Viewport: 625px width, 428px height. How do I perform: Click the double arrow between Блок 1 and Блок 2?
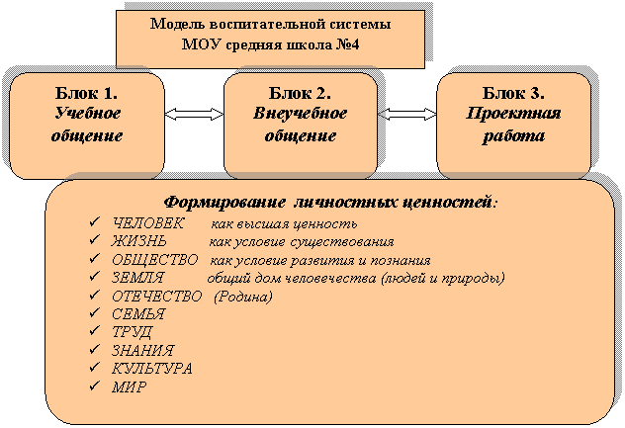[x=194, y=115]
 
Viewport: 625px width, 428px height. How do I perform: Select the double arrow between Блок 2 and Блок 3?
[x=407, y=115]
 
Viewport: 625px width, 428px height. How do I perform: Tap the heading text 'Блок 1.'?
[x=86, y=93]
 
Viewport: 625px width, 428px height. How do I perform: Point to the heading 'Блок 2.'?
[x=300, y=93]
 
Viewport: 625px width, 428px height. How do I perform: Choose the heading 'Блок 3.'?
[x=513, y=93]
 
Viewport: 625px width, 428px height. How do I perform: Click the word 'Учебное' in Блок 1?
[x=87, y=114]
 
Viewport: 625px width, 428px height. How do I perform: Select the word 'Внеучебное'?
[x=301, y=114]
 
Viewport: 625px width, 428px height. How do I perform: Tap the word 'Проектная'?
[x=513, y=114]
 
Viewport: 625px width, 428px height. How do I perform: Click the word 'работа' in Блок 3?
[x=513, y=135]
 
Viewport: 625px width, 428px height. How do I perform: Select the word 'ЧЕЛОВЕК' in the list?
[x=148, y=223]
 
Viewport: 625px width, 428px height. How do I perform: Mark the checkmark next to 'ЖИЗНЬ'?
[x=95, y=240]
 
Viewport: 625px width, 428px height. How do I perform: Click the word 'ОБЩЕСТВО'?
[x=154, y=260]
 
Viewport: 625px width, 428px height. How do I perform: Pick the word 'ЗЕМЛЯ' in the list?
[x=137, y=278]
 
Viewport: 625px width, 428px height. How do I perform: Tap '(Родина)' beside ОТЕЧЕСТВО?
[x=243, y=297]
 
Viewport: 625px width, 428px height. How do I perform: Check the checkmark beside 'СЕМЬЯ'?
[x=95, y=312]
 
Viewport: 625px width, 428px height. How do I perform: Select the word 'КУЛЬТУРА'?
[x=152, y=369]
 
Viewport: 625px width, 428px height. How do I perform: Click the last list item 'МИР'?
[x=130, y=386]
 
